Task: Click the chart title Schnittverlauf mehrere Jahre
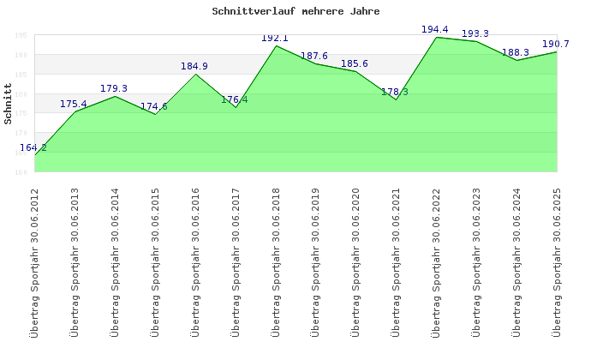295,12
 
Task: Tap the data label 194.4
435,30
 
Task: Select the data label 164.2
33,148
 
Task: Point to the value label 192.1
275,39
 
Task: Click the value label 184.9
194,67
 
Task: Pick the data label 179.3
114,89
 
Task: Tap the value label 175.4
74,105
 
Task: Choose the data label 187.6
314,57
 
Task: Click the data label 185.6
355,64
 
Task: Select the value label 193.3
475,34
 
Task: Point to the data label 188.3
516,53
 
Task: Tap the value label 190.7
556,45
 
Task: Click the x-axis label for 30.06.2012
35,261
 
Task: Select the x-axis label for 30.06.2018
276,261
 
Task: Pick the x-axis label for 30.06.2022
436,261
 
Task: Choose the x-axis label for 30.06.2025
557,261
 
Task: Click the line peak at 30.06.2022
436,37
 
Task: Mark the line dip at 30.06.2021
396,99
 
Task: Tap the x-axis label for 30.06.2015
155,261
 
